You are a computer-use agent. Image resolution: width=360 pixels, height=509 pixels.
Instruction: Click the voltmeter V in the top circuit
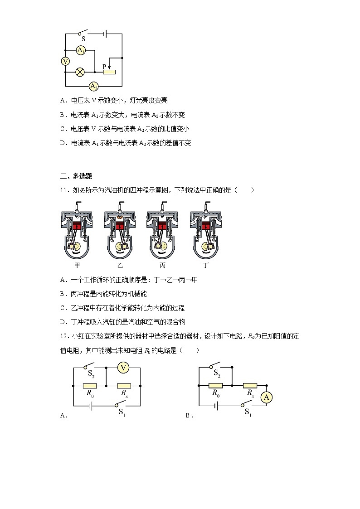coord(65,61)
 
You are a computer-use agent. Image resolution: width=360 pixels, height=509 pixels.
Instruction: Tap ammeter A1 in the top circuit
coord(81,50)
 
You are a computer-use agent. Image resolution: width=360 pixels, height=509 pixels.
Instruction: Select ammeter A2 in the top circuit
coord(94,86)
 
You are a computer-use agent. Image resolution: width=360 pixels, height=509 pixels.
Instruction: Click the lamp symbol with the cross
coord(80,72)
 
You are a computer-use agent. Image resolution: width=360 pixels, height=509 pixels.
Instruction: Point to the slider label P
coord(104,66)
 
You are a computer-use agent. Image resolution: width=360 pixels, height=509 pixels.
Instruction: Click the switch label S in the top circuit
coord(83,39)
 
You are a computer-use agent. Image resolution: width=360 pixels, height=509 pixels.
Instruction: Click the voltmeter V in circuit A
coord(123,368)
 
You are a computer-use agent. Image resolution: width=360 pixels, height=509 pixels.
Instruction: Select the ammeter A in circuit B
coord(267,397)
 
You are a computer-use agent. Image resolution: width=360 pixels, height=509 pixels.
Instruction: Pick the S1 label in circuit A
coord(122,412)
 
